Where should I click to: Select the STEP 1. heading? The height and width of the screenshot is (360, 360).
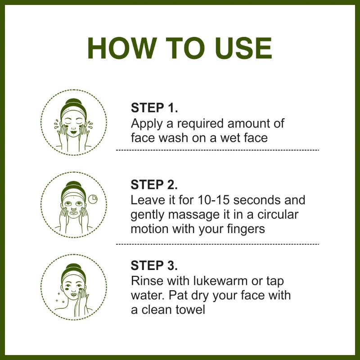click(x=154, y=108)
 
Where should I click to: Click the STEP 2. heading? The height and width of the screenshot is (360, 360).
click(x=154, y=184)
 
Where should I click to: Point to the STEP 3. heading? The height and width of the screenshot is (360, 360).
click(x=154, y=265)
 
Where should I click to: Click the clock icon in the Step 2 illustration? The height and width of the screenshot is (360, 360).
click(x=93, y=199)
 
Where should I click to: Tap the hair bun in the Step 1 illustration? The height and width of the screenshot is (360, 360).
click(x=73, y=102)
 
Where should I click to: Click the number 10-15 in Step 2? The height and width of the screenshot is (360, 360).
click(x=213, y=200)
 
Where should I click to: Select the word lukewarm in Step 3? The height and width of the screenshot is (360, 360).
click(x=220, y=280)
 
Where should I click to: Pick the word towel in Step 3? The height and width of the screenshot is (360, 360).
click(x=190, y=309)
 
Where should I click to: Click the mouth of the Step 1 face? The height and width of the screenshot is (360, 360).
click(x=73, y=132)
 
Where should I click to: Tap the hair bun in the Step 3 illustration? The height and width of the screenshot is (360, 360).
click(x=73, y=267)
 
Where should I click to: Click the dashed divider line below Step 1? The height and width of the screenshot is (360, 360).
click(x=217, y=150)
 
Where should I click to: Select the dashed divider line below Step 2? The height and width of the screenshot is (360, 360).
click(x=217, y=244)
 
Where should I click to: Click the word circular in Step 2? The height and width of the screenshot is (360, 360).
click(x=278, y=215)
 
